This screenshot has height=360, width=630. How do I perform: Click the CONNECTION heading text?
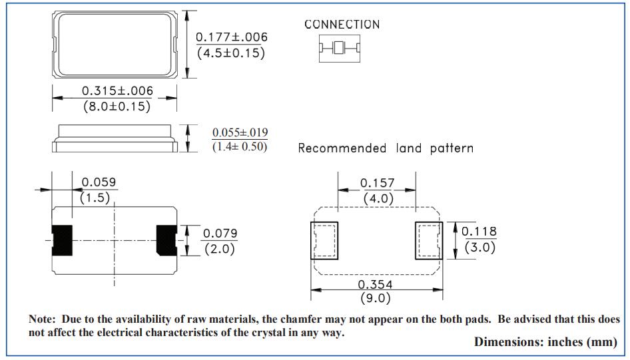(342, 25)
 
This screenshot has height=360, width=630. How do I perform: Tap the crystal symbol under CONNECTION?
(339, 48)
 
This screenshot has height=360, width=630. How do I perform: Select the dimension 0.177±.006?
(231, 37)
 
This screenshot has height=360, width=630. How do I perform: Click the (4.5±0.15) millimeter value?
(231, 53)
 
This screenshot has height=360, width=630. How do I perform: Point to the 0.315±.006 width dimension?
(117, 90)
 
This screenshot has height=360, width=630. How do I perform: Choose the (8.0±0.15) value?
(117, 106)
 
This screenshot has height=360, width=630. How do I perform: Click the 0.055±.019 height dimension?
(240, 133)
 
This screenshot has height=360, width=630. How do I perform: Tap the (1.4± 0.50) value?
(240, 146)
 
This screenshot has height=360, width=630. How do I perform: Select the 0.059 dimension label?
(99, 182)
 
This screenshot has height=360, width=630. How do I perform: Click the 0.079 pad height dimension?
(220, 234)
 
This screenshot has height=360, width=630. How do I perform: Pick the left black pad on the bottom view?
(63, 240)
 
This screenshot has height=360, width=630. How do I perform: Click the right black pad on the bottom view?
(166, 240)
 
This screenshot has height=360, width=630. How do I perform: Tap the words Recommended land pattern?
(386, 148)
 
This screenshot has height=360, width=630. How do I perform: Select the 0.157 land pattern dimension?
(378, 183)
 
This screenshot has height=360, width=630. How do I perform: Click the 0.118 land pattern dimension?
(479, 232)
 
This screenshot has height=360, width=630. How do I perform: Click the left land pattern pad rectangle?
(324, 241)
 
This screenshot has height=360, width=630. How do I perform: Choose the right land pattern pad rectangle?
(428, 241)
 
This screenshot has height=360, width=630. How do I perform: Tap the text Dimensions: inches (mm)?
(545, 342)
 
